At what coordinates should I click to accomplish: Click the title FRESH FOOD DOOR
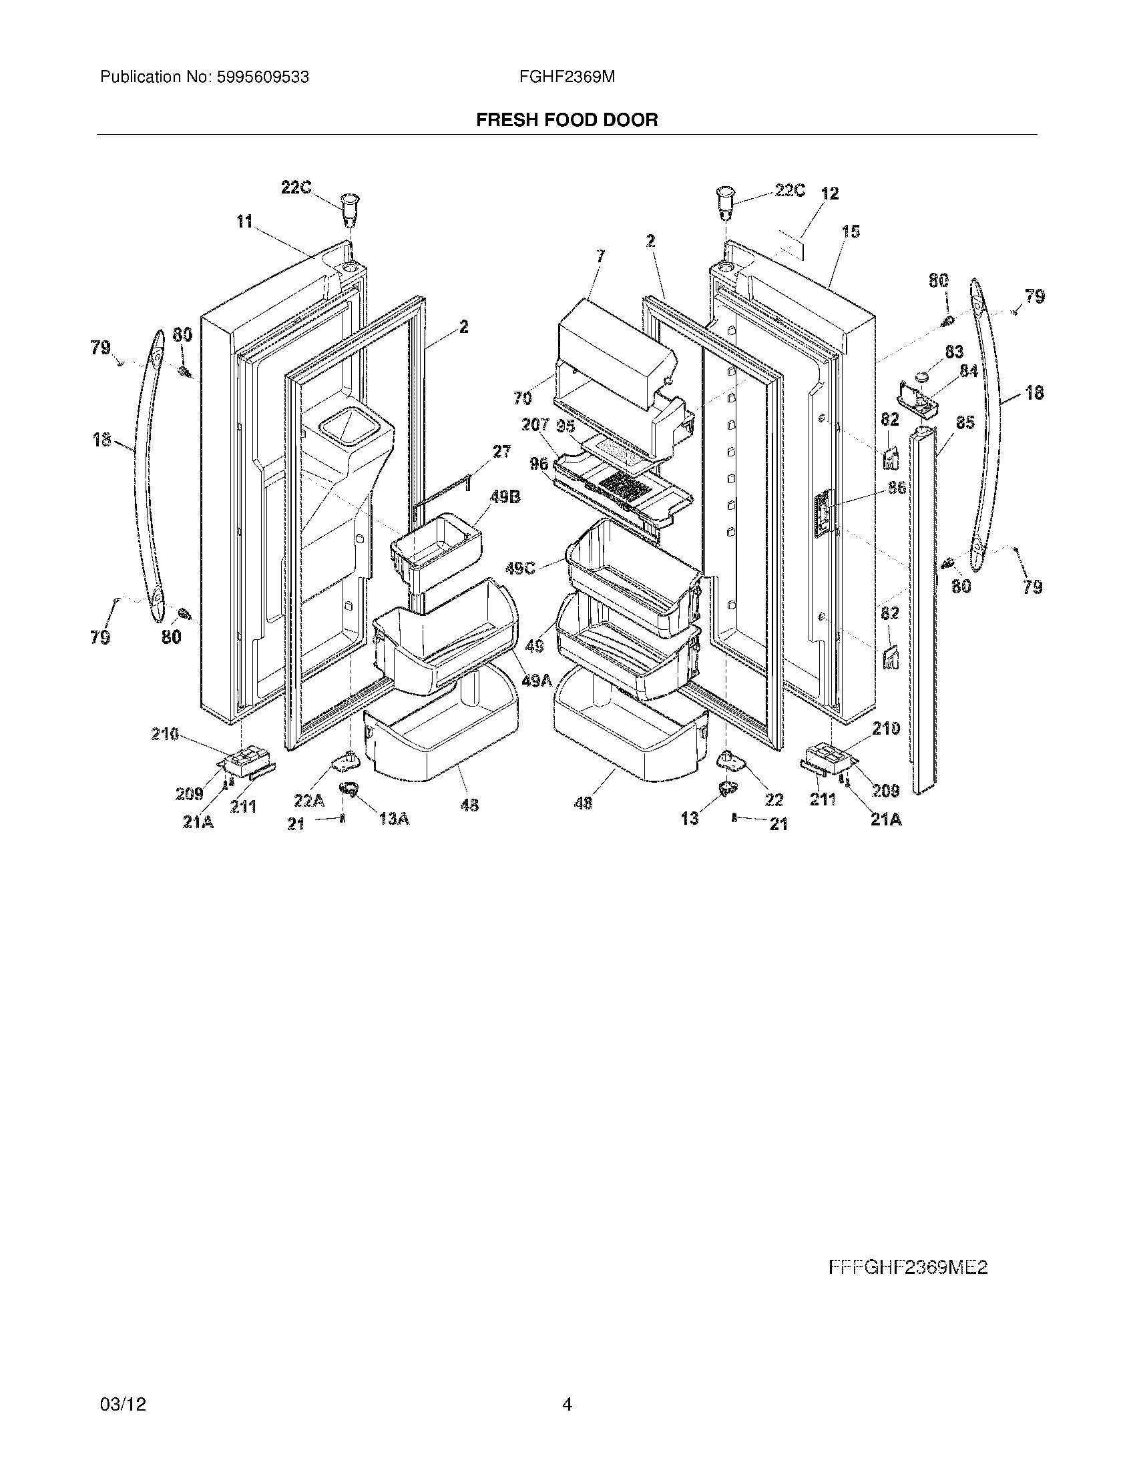click(x=567, y=120)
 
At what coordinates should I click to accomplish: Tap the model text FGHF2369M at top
click(x=567, y=77)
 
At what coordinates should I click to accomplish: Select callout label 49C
click(x=521, y=569)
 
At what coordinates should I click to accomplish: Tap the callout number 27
click(x=501, y=452)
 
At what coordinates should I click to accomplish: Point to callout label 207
click(x=535, y=425)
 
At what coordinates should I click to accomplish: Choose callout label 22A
click(x=308, y=800)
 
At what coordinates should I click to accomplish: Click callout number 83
click(x=954, y=352)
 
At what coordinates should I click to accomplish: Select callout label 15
click(x=851, y=232)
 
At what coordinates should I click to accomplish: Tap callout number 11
click(x=244, y=221)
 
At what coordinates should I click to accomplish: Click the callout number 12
click(x=830, y=194)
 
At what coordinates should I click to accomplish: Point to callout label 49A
click(x=537, y=680)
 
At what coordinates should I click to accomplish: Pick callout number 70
click(x=523, y=398)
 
